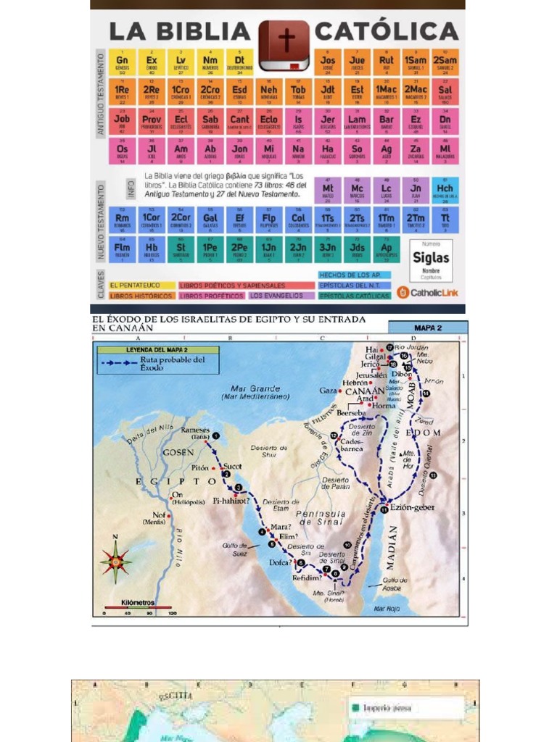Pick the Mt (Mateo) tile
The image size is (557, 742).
328,191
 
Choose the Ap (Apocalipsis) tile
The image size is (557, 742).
386,249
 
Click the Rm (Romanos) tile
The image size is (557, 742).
123,220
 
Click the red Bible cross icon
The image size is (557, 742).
284,45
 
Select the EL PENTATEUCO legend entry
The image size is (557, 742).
141,285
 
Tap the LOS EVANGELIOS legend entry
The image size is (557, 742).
281,296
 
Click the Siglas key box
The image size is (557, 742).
431,259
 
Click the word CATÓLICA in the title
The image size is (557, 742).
387,31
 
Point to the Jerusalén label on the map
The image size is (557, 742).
371,375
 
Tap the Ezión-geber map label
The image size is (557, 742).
411,507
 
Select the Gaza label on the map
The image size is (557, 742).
329,391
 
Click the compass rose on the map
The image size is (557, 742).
115,560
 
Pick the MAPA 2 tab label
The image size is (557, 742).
427,328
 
